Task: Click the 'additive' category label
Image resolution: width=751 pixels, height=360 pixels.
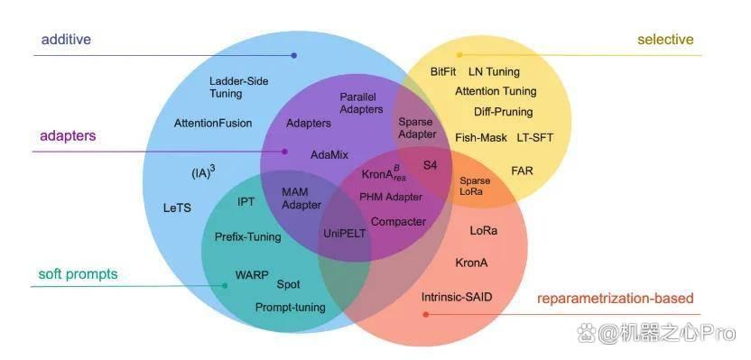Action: (x=66, y=40)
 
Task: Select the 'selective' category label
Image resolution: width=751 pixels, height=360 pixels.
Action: (x=665, y=40)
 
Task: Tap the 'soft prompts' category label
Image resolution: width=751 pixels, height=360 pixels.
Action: (x=78, y=274)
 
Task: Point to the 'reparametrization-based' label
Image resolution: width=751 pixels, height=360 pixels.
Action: (x=616, y=299)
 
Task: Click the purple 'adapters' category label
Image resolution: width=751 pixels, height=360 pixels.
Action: (x=68, y=136)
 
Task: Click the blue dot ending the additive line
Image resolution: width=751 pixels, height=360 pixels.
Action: (x=294, y=56)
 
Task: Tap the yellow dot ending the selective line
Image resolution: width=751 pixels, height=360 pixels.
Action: (x=459, y=55)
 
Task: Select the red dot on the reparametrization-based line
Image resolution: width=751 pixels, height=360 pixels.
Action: (x=426, y=315)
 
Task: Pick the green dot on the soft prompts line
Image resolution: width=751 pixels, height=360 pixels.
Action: (x=225, y=286)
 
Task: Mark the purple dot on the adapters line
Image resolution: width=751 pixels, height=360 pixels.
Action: (x=284, y=152)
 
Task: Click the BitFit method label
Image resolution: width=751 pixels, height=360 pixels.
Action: (x=443, y=72)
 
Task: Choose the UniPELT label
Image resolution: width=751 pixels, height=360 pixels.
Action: (x=345, y=234)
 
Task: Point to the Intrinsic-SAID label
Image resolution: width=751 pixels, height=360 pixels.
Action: (x=457, y=297)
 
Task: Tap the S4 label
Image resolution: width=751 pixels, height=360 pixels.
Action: (x=430, y=166)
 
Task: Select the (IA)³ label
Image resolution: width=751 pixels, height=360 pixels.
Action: (x=203, y=172)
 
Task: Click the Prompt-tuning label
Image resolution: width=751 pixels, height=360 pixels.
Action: (x=291, y=308)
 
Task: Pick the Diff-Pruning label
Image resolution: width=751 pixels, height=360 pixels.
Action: (x=504, y=112)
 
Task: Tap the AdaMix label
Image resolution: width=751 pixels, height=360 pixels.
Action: (x=329, y=154)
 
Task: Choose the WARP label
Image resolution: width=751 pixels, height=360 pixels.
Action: (x=252, y=275)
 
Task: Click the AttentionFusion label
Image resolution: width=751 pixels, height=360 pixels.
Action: (x=213, y=123)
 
